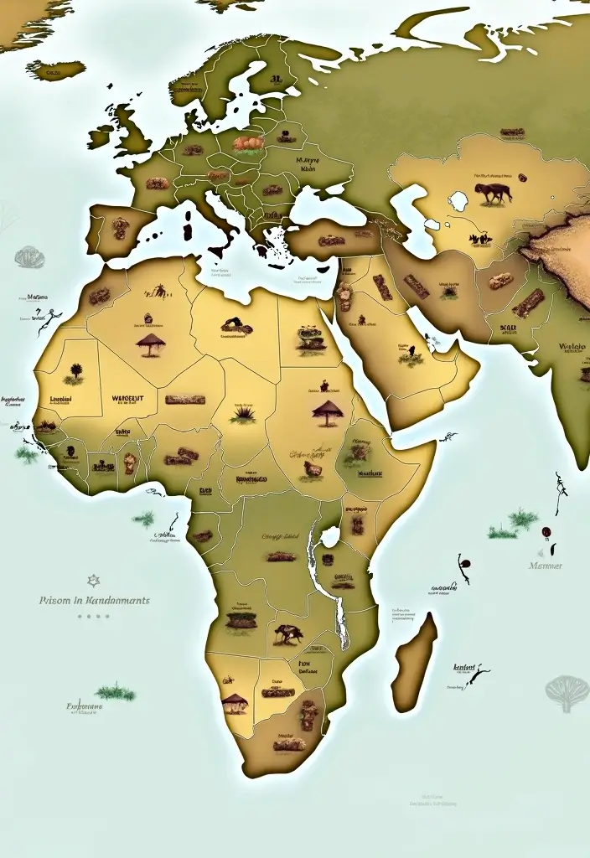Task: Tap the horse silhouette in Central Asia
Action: (x=494, y=193)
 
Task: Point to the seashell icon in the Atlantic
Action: (x=28, y=256)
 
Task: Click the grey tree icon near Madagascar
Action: (x=567, y=692)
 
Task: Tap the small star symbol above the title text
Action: (x=94, y=580)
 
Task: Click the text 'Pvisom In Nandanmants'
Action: (x=95, y=601)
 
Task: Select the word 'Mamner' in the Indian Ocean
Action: (x=546, y=566)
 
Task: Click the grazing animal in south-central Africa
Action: (x=287, y=634)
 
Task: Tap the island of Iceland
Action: (x=55, y=69)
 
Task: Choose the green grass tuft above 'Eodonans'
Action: (x=115, y=692)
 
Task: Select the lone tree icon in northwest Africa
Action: (x=76, y=370)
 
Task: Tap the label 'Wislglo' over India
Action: (x=572, y=346)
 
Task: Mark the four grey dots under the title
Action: (x=94, y=616)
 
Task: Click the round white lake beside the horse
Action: (x=458, y=201)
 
